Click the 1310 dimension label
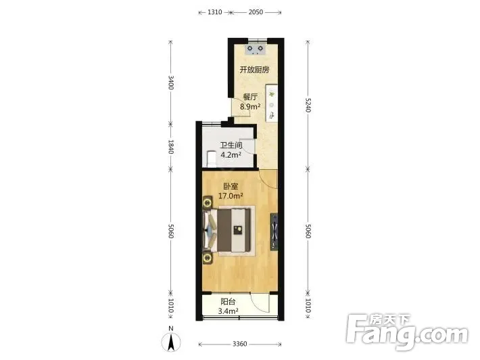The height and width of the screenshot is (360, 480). tap(214, 12)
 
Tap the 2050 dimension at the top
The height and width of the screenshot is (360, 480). tap(256, 12)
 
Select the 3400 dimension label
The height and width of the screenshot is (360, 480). tap(171, 83)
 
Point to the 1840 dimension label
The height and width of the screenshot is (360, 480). tap(171, 147)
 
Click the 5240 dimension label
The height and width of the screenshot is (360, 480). tap(308, 105)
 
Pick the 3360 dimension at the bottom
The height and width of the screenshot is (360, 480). tap(240, 344)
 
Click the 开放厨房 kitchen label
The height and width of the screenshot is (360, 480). tap(254, 70)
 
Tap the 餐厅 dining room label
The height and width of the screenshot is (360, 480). tap(250, 97)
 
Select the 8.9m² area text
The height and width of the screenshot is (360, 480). tap(250, 107)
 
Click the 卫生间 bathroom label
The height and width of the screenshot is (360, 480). tap(231, 145)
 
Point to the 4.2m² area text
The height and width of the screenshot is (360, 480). tap(231, 155)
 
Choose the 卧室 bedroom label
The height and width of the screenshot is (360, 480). tap(231, 186)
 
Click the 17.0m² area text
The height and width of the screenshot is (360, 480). tap(231, 196)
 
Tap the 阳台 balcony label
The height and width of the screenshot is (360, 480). tap(228, 302)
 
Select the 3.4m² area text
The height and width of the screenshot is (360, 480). tap(228, 311)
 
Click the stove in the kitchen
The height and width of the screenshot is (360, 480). tap(256, 49)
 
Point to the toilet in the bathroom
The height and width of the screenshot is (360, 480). tap(212, 159)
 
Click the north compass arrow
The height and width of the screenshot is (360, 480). tap(171, 342)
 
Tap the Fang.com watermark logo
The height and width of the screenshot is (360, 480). tap(407, 332)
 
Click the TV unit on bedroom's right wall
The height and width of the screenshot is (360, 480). tap(274, 231)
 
